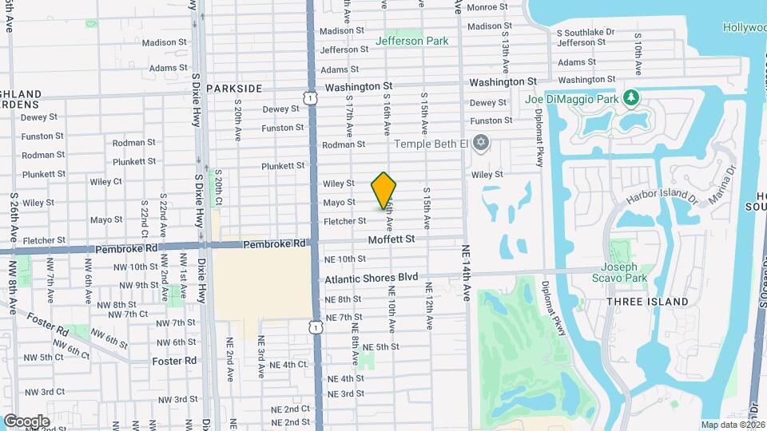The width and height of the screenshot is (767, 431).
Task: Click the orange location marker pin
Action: [383, 190]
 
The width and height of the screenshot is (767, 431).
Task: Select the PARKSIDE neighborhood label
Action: [234, 88]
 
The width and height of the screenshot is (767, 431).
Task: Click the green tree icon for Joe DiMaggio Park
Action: [632, 97]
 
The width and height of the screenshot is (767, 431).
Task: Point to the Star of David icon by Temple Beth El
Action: [480, 144]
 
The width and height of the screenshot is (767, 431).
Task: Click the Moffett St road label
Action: [391, 239]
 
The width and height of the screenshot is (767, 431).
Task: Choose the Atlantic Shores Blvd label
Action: [372, 278]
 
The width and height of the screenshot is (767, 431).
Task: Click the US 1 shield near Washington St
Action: [309, 97]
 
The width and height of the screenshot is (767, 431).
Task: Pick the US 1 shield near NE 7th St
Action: [317, 327]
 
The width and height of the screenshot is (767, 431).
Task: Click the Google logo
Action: [27, 421]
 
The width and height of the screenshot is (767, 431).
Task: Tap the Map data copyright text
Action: [733, 425]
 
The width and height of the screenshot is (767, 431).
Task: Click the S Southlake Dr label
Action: [585, 33]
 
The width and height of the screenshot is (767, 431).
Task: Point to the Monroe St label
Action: [487, 7]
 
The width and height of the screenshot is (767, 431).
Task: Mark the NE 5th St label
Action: [381, 346]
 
